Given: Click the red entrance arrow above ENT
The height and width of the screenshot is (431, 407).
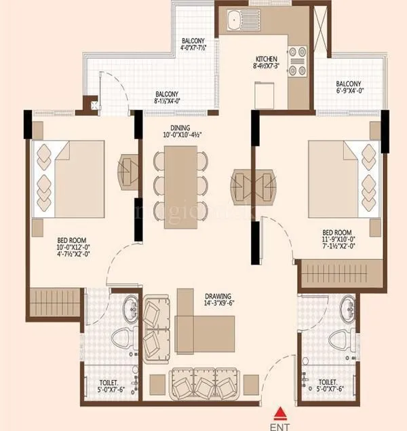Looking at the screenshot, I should (279, 411).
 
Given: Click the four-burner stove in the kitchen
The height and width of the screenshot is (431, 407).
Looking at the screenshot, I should (297, 60).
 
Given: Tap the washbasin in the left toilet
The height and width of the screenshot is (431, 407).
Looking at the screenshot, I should (130, 310).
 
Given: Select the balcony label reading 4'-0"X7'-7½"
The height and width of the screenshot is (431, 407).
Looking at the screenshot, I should (197, 45).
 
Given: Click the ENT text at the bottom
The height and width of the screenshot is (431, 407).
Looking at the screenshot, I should (279, 425).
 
